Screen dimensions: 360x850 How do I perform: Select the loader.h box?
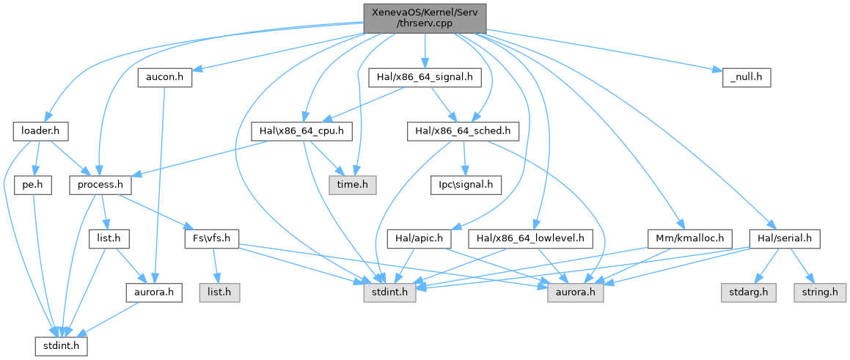coord(40,131)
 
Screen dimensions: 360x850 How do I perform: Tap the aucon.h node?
coord(165,76)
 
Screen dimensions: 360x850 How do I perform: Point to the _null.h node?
coord(742,76)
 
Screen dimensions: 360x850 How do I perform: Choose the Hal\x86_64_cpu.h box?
coord(302,131)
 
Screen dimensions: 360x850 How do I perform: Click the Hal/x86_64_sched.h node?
coord(464,131)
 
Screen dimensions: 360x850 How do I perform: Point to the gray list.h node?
coord(219,292)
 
